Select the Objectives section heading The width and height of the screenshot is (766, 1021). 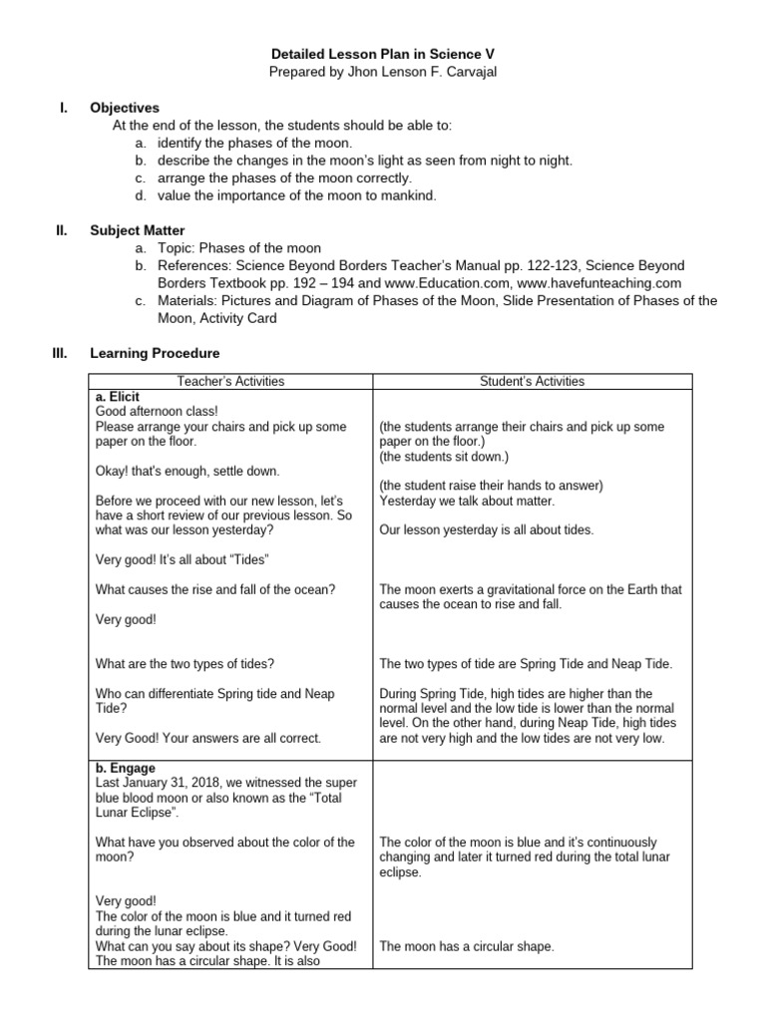click(125, 108)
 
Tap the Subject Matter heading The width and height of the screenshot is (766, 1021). click(137, 230)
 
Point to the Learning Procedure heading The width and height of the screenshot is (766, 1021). click(155, 353)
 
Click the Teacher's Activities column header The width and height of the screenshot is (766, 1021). click(230, 381)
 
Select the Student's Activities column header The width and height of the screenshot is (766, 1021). click(532, 381)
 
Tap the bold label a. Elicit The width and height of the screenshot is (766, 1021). click(118, 396)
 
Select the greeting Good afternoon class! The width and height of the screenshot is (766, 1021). click(157, 410)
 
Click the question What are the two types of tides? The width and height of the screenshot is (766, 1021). click(186, 664)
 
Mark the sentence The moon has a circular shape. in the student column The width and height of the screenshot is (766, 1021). click(467, 946)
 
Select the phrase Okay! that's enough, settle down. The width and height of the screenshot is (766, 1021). click(188, 471)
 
